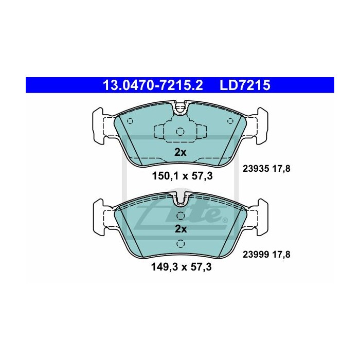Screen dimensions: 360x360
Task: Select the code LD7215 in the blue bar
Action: pyautogui.click(x=244, y=85)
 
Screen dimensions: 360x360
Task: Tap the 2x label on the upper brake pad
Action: pyautogui.click(x=179, y=152)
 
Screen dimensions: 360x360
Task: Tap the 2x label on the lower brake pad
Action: pyautogui.click(x=179, y=228)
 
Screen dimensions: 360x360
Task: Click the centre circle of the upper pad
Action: pyautogui.click(x=179, y=131)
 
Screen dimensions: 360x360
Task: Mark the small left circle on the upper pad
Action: pyautogui.click(x=130, y=122)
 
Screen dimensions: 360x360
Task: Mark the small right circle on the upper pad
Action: pyautogui.click(x=229, y=122)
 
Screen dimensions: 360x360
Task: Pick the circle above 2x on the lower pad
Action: pyautogui.click(x=180, y=215)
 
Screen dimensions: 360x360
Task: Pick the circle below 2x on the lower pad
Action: pyautogui.click(x=180, y=244)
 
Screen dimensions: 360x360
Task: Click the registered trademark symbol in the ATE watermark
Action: pyautogui.click(x=224, y=221)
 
